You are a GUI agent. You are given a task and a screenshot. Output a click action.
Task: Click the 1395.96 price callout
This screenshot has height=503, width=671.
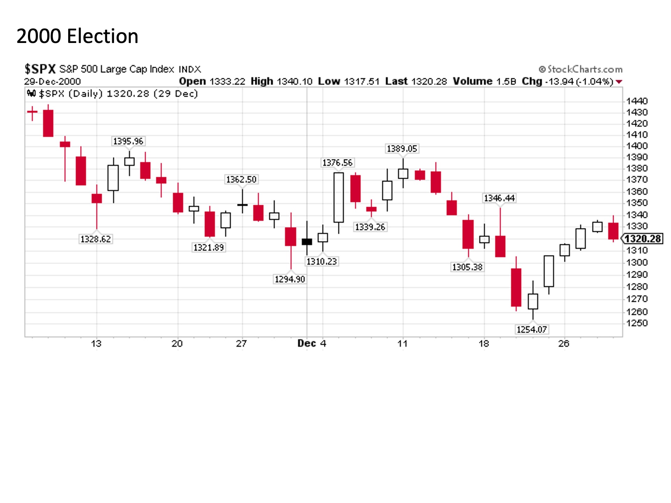(x=128, y=141)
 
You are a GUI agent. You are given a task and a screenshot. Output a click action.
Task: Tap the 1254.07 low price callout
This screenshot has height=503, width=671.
(x=532, y=329)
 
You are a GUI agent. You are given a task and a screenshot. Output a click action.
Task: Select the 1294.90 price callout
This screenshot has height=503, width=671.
(x=290, y=279)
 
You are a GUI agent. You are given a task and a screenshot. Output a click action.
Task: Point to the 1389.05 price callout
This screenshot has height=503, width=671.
(x=402, y=149)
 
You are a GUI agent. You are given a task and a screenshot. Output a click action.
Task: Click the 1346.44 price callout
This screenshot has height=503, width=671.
(x=499, y=198)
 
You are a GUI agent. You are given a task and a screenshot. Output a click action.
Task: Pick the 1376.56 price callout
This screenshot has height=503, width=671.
(x=337, y=163)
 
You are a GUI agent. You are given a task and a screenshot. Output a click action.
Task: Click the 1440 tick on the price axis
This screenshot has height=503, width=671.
(x=637, y=101)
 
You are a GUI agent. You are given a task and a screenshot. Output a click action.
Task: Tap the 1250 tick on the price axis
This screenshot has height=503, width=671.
(x=637, y=323)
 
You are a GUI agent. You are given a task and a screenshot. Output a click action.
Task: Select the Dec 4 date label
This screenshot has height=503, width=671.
(x=312, y=344)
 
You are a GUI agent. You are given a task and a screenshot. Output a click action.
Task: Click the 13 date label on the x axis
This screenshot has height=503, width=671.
(x=96, y=344)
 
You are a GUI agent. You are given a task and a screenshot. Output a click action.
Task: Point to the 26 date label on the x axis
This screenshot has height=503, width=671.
(x=564, y=344)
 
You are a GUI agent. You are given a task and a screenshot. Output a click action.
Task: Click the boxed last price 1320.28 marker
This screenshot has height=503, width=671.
(x=642, y=239)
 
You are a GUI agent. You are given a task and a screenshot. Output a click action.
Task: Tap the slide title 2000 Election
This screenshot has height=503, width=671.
(x=77, y=36)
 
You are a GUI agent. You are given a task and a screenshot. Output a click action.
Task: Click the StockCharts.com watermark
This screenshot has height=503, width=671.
(x=580, y=69)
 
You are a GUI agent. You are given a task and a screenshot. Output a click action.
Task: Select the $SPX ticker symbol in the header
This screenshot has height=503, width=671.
(x=40, y=69)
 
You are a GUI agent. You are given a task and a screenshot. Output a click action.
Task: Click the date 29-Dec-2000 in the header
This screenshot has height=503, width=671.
(x=52, y=82)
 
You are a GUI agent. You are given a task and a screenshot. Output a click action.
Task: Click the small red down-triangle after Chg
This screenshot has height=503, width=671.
(x=619, y=82)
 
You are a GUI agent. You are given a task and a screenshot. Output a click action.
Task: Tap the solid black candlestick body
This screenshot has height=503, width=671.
(x=307, y=242)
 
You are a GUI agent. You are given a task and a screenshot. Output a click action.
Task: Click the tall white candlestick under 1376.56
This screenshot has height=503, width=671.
(x=339, y=197)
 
